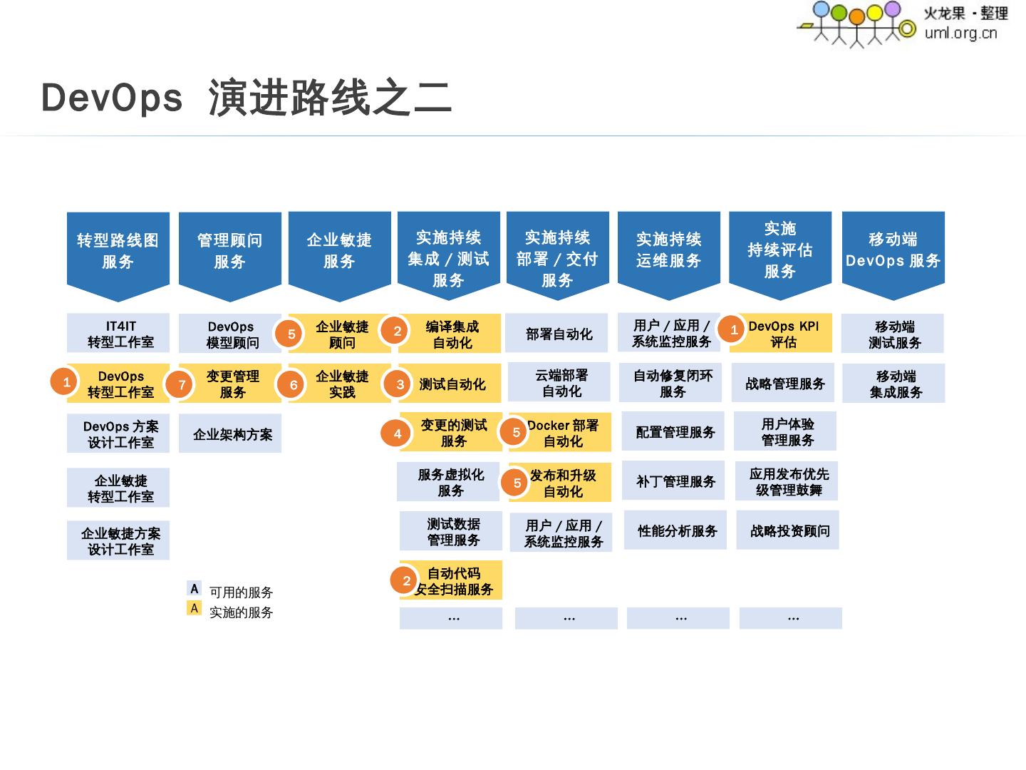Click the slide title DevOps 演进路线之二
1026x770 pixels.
tap(246, 98)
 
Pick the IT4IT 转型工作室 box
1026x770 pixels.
tap(118, 334)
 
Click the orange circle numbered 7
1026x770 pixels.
tap(181, 385)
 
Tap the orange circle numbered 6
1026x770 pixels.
tap(293, 385)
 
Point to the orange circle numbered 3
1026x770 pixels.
tap(400, 385)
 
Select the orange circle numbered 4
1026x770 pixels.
tap(397, 433)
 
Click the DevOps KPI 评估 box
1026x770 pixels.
tap(784, 334)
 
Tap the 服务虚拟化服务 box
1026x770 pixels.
tap(450, 483)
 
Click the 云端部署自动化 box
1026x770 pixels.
tap(560, 383)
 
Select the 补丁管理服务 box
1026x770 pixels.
tap(675, 482)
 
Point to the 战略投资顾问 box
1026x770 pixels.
tap(788, 531)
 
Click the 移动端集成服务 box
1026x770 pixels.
tap(894, 384)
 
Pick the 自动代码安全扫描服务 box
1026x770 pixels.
tap(454, 581)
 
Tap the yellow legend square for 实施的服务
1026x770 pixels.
tap(194, 608)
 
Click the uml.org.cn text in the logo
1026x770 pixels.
tap(960, 33)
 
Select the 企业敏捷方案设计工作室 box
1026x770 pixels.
tap(118, 541)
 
